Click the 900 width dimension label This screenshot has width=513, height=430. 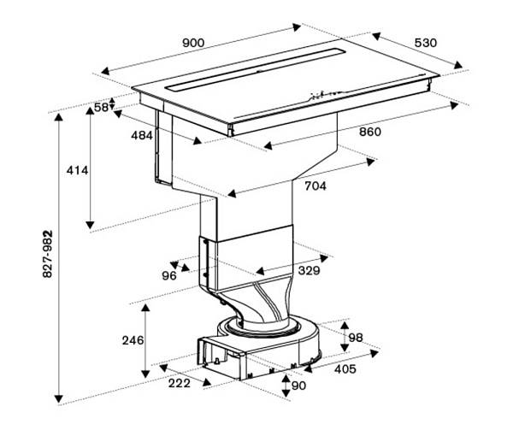193,43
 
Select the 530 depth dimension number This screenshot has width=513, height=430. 426,43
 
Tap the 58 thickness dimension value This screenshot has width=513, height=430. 101,107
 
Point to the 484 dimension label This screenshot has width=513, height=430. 142,135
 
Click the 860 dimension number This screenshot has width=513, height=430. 370,132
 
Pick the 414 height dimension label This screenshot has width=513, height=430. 77,170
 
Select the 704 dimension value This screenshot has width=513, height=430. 315,186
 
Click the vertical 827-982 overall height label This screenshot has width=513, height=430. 48,254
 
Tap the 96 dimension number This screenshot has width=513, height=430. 169,276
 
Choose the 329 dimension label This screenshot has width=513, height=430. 309,271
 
